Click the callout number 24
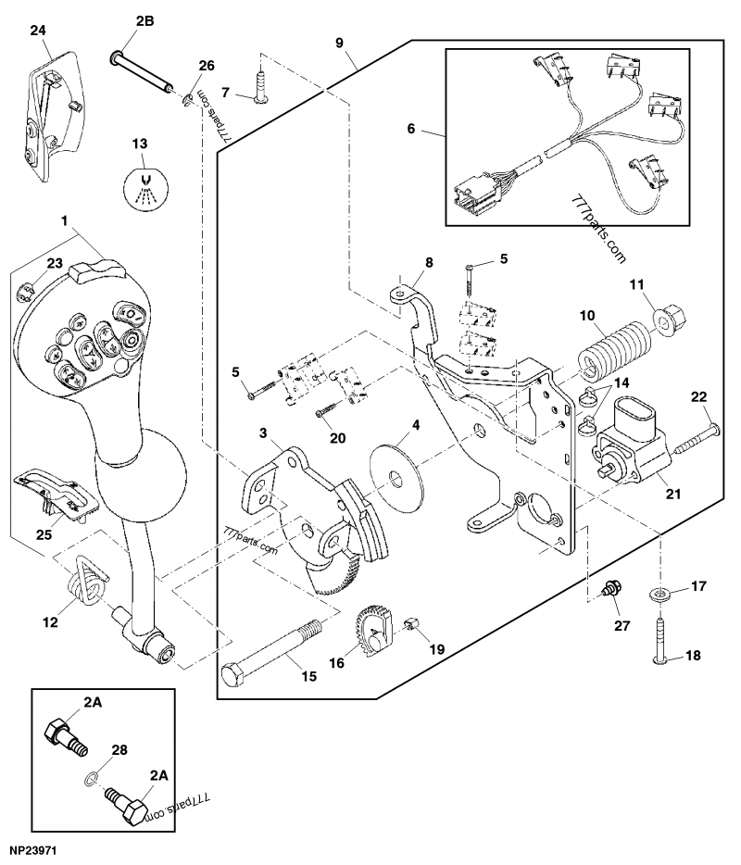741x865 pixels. (37, 31)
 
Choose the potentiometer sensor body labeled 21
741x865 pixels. (634, 446)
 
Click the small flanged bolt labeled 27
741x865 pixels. (611, 588)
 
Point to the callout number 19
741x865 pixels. (436, 649)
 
